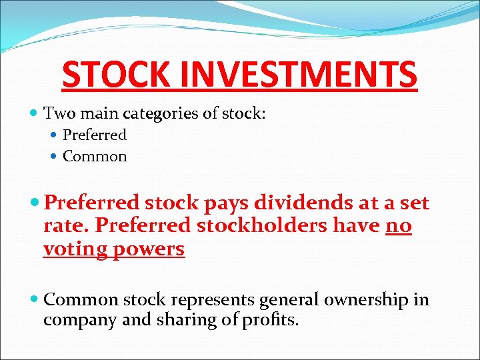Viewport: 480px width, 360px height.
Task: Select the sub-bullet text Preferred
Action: coord(94,135)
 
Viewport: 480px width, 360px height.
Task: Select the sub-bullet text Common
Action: coord(94,157)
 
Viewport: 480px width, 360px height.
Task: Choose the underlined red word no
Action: coord(399,226)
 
